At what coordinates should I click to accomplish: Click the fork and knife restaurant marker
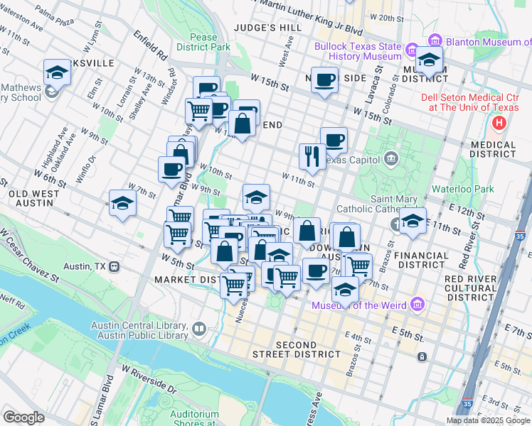tap(312, 157)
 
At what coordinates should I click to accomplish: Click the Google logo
tap(23, 417)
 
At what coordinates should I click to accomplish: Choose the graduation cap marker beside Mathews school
tap(57, 72)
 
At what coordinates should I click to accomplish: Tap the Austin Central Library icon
tap(198, 329)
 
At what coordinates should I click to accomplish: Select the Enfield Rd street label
tap(150, 45)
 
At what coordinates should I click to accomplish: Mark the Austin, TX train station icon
tap(115, 267)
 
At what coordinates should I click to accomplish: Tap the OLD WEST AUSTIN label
tap(30, 197)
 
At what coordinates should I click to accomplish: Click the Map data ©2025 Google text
tap(487, 420)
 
